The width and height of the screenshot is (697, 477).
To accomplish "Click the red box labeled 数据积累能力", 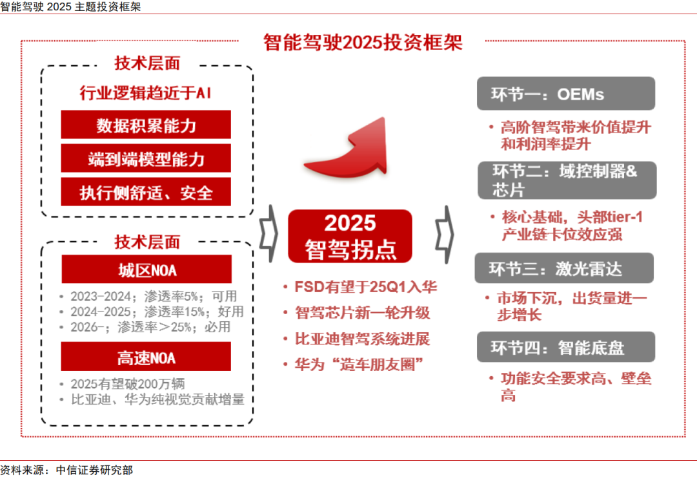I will click(146, 125).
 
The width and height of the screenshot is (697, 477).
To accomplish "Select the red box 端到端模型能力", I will click(146, 158).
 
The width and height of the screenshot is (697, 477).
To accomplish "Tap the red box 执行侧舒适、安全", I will click(146, 192).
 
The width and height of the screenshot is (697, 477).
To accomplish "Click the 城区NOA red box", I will click(146, 269).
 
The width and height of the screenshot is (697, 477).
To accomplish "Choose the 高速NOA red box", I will click(146, 356).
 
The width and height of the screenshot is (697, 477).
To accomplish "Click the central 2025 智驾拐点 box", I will click(350, 236).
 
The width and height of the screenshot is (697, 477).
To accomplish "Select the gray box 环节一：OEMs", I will click(565, 94).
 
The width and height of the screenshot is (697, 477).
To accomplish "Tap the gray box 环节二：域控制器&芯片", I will click(567, 180).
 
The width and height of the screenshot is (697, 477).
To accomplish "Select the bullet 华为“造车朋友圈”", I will click(357, 365).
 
